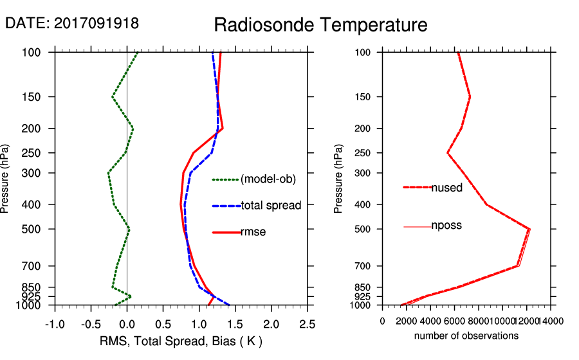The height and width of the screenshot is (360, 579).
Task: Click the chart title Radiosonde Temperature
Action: click(320, 25)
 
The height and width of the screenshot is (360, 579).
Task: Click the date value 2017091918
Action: click(96, 24)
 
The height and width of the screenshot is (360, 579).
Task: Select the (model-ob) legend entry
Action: click(268, 179)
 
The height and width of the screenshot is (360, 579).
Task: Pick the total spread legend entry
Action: click(271, 206)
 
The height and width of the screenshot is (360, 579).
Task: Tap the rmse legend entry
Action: click(253, 232)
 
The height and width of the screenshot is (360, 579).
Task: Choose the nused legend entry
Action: click(446, 188)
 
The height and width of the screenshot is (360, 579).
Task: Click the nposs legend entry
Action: click(446, 226)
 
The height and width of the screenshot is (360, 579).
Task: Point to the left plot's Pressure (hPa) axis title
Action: click(6, 179)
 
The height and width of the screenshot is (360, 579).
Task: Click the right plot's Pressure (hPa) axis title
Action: click(338, 179)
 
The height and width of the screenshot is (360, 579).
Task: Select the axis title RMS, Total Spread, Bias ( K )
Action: click(181, 340)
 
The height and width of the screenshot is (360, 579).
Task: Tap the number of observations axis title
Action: click(466, 336)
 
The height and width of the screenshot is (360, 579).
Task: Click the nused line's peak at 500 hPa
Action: click(529, 229)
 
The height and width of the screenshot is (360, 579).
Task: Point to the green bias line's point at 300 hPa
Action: click(108, 173)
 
